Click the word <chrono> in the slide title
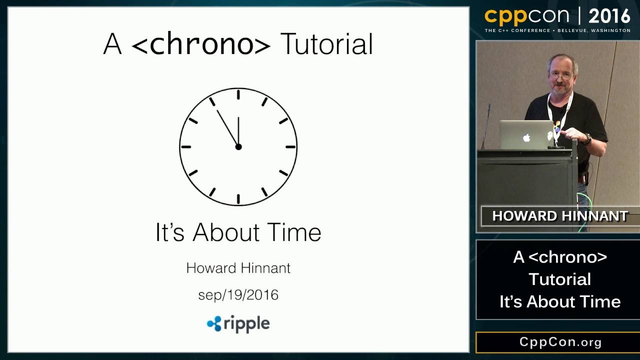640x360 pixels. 200,44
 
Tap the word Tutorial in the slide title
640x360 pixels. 326,44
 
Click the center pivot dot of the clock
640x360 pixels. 238,146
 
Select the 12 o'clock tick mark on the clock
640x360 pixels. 238,94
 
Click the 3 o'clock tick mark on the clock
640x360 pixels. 290,147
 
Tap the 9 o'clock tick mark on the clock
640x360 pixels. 186,147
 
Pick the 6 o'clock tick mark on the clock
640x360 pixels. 238,199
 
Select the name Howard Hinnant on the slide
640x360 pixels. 238,268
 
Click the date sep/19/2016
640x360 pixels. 238,295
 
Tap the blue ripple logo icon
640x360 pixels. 214,324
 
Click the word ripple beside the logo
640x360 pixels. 246,324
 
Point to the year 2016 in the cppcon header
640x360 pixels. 609,16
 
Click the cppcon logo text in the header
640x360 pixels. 526,16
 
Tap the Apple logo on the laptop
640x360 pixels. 526,137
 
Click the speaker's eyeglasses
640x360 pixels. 560,77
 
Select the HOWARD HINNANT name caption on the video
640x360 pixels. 559,216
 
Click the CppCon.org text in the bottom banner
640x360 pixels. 560,342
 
